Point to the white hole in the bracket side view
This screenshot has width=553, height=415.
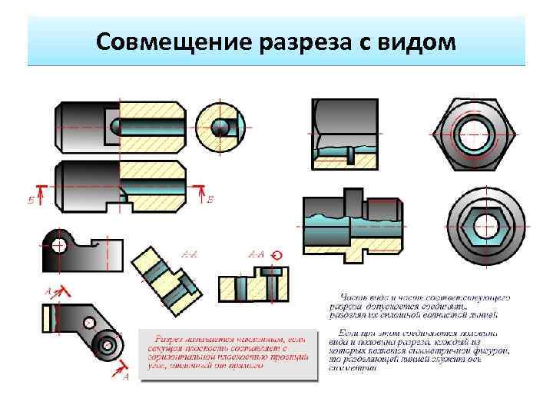(58, 246)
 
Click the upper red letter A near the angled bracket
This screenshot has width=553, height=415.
(48, 292)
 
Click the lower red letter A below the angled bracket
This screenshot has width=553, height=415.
(125, 377)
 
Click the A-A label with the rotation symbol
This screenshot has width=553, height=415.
(265, 254)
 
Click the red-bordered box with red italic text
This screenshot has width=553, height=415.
(228, 354)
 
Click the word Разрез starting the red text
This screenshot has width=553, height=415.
(171, 338)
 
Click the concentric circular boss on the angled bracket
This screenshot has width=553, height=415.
(105, 342)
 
